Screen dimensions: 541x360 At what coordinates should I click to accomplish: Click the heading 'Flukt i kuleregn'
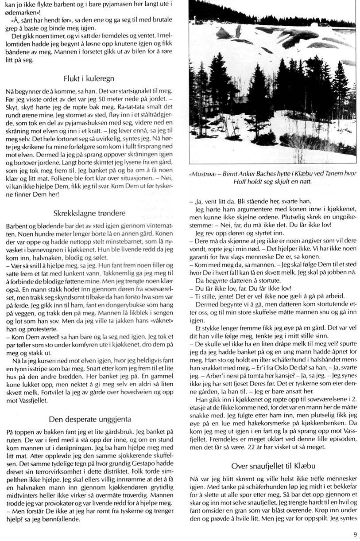click(x=89, y=78)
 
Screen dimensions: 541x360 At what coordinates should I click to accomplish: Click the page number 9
click(x=355, y=534)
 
